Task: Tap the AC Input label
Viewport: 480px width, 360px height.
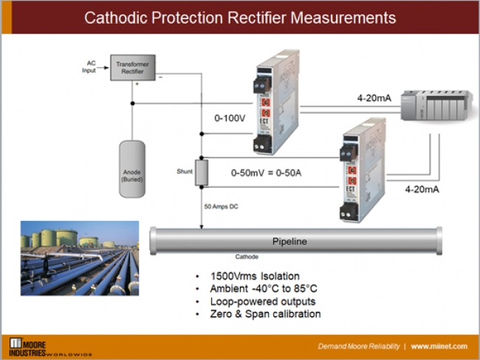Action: coord(88,67)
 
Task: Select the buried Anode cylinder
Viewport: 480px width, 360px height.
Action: coord(132,168)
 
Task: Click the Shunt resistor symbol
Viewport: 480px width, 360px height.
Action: coord(200,172)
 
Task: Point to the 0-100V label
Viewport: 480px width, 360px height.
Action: coord(229,118)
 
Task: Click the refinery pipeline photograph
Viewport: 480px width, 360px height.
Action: coord(79,258)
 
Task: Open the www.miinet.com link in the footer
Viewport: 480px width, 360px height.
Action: coord(440,346)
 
